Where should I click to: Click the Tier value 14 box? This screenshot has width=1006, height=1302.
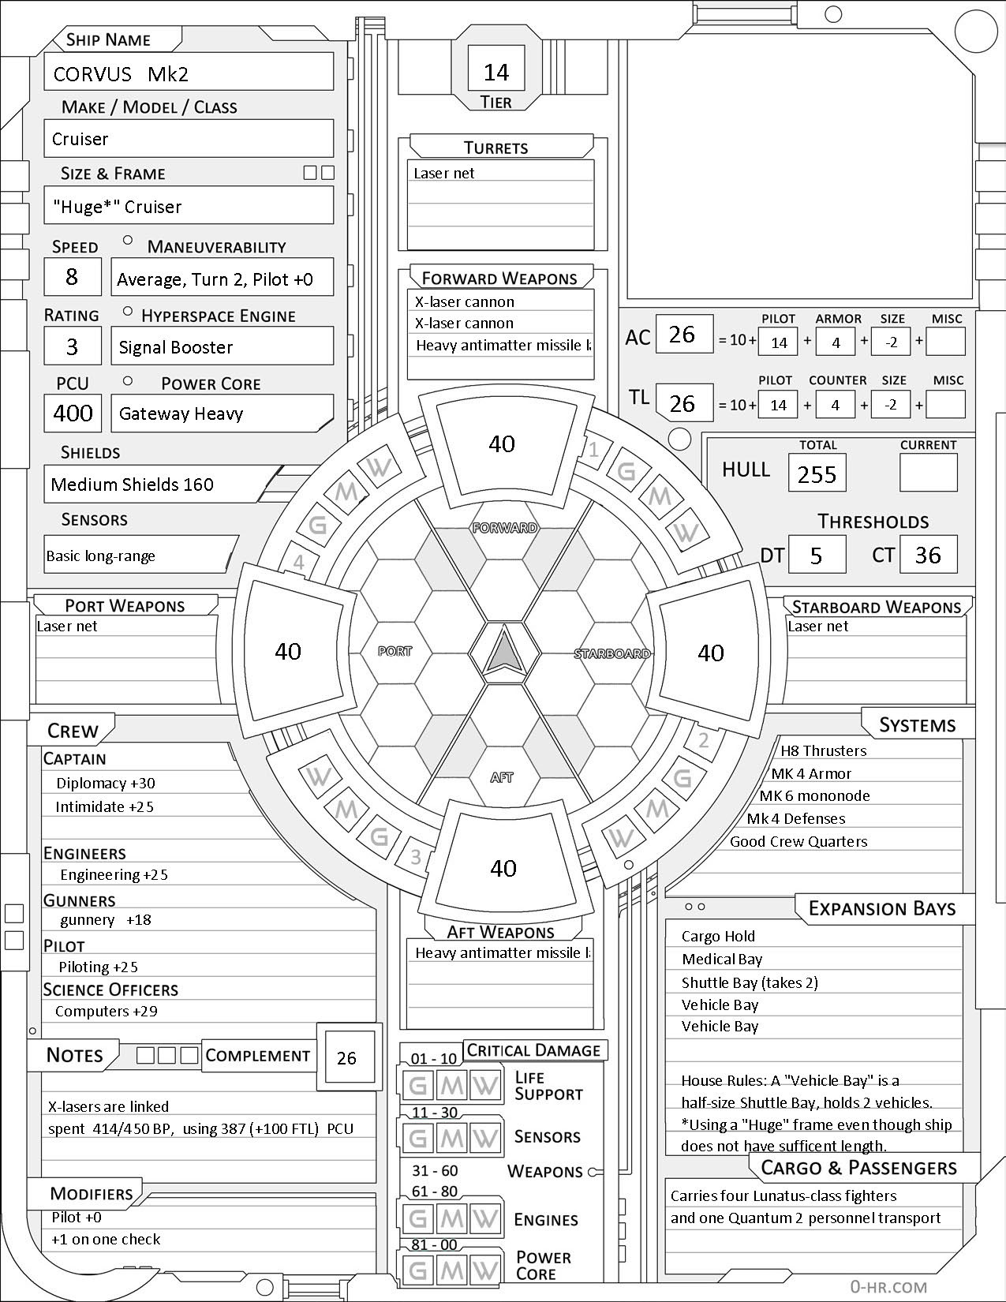click(496, 72)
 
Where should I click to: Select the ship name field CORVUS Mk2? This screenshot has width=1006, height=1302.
click(189, 73)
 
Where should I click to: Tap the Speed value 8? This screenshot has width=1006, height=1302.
click(72, 277)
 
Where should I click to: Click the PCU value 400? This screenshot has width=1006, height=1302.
click(73, 413)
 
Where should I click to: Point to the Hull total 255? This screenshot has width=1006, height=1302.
click(817, 473)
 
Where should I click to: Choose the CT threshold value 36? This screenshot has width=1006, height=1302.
click(928, 555)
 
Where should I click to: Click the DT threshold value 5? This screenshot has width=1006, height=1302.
click(817, 555)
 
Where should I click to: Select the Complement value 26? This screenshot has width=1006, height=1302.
click(346, 1058)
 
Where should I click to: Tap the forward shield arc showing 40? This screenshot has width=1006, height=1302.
click(502, 443)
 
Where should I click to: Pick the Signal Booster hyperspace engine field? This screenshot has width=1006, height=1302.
click(222, 347)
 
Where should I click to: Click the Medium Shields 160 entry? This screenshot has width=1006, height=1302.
click(133, 485)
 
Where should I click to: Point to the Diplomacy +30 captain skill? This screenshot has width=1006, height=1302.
click(106, 783)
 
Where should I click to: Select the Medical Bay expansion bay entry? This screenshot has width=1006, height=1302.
click(722, 959)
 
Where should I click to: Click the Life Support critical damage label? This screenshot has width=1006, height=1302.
click(548, 1086)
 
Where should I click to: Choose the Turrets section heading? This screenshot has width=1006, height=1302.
click(496, 148)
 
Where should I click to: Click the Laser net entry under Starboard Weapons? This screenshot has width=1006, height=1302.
click(818, 626)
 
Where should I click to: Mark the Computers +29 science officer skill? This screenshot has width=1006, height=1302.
click(106, 1011)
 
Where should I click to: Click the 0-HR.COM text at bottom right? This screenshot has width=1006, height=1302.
click(888, 1286)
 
